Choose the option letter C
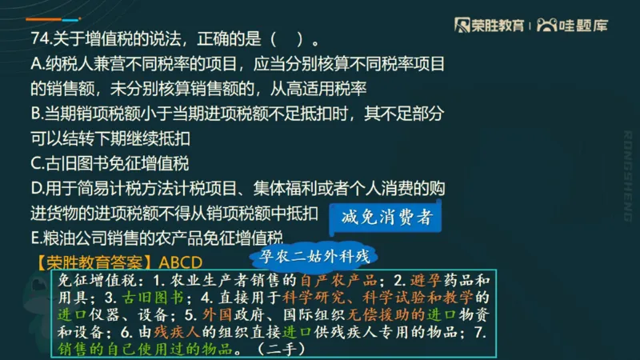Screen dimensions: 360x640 click(37, 164)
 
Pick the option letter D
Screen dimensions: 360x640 click(37, 189)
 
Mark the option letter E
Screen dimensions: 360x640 click(36, 238)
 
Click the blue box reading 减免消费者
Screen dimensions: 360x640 click(386, 217)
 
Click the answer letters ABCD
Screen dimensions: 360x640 click(181, 262)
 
